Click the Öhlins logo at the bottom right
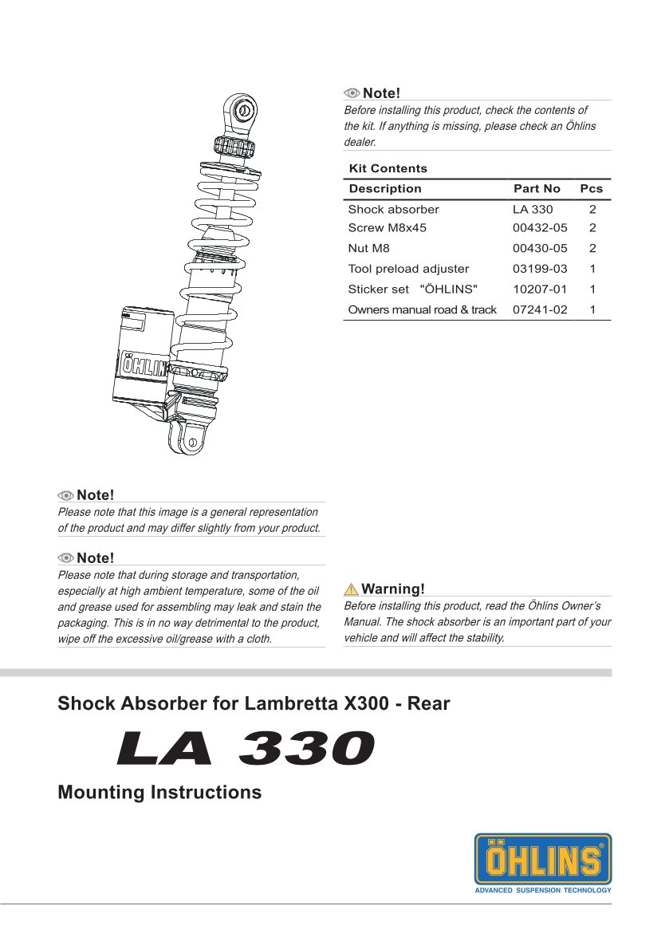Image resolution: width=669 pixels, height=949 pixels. click(x=542, y=862)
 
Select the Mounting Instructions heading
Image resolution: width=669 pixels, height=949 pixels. click(x=159, y=793)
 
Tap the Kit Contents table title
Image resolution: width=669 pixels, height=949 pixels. click(x=388, y=168)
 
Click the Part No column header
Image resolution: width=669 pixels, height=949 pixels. click(x=537, y=189)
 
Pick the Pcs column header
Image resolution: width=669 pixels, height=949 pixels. click(x=592, y=189)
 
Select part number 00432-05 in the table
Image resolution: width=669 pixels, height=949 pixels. click(x=540, y=228)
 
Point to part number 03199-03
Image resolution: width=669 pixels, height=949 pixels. click(x=540, y=269)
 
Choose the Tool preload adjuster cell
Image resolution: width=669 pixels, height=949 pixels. click(x=408, y=269)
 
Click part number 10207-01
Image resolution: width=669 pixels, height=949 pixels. click(x=540, y=289)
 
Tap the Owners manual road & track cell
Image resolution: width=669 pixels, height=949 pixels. click(x=422, y=309)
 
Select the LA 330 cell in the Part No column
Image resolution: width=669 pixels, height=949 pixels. click(x=533, y=209)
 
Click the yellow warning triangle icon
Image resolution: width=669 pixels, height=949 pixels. click(x=351, y=589)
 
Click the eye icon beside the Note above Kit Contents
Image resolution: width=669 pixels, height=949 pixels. click(x=352, y=93)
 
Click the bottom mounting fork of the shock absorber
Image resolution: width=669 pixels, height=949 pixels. click(x=187, y=439)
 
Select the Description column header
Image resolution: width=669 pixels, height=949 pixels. click(x=384, y=189)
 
